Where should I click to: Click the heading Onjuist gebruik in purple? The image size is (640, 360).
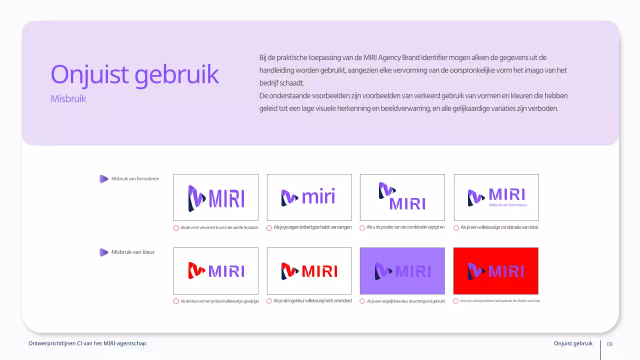tap(134, 74)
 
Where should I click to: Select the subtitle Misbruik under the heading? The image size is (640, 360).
tap(68, 99)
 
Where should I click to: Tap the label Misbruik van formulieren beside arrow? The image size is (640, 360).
tap(135, 178)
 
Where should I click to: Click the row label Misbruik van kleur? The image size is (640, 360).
tap(132, 252)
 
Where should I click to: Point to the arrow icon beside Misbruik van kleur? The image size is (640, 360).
tap(103, 252)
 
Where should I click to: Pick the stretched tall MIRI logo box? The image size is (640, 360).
tap(216, 197)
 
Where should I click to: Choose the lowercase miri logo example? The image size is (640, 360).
tap(309, 197)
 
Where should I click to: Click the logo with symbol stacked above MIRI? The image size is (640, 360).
tap(402, 196)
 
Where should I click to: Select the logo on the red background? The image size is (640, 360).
tap(495, 271)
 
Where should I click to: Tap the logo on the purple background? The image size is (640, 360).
tap(402, 271)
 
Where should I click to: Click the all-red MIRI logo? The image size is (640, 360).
tap(309, 271)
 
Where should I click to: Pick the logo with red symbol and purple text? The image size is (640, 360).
tap(216, 271)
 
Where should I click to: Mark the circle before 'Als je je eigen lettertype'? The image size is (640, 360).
tap(269, 228)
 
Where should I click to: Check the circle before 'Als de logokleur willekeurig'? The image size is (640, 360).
tap(269, 301)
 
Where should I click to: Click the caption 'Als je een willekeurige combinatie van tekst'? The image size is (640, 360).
tap(499, 227)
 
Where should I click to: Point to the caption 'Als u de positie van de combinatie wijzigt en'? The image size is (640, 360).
tap(405, 227)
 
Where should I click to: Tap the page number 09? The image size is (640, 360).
tap(609, 344)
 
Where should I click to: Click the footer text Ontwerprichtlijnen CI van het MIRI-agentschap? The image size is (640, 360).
tap(87, 343)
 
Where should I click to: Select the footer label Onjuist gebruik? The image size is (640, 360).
tap(573, 343)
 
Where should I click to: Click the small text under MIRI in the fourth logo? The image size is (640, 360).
tap(507, 205)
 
